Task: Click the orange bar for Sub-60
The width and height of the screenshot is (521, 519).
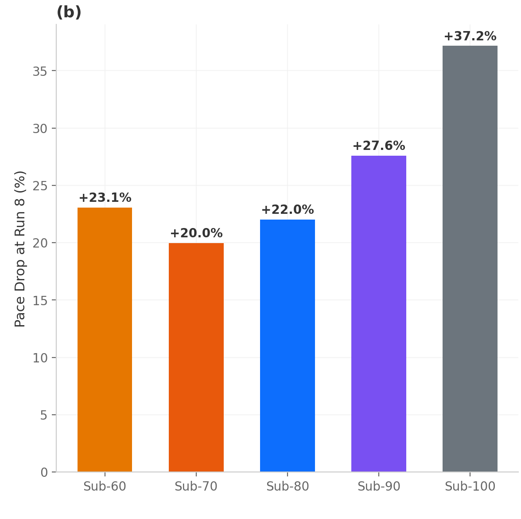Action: pyautogui.click(x=105, y=339)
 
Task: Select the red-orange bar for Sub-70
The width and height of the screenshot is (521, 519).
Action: pyautogui.click(x=196, y=357)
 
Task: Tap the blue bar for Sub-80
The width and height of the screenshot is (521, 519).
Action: pyautogui.click(x=287, y=346)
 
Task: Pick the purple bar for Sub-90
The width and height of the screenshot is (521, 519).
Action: pyautogui.click(x=378, y=314)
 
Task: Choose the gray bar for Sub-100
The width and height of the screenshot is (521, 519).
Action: pyautogui.click(x=470, y=259)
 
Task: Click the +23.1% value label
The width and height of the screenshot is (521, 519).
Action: pyautogui.click(x=105, y=198)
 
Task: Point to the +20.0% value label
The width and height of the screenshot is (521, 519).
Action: pyautogui.click(x=196, y=233)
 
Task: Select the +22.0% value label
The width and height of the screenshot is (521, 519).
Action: pyautogui.click(x=288, y=210)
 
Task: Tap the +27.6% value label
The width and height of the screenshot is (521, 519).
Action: pyautogui.click(x=379, y=146)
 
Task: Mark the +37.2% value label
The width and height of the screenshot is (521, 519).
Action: pyautogui.click(x=470, y=36)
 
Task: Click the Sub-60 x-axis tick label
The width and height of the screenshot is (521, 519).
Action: pyautogui.click(x=105, y=487)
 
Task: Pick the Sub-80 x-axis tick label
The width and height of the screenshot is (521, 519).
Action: pyautogui.click(x=288, y=487)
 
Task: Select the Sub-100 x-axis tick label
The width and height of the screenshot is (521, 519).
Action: pyautogui.click(x=470, y=487)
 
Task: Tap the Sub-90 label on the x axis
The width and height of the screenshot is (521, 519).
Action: pyautogui.click(x=379, y=487)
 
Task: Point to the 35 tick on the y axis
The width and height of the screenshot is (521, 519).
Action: pyautogui.click(x=40, y=71)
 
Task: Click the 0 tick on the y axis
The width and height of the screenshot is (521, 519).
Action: pyautogui.click(x=44, y=473)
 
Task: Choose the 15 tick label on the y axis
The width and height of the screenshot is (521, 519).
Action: pyautogui.click(x=40, y=301)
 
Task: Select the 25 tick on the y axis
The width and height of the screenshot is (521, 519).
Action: pyautogui.click(x=40, y=186)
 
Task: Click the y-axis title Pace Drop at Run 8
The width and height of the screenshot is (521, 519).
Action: pyautogui.click(x=20, y=249)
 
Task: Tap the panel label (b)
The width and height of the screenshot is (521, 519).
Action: pyautogui.click(x=69, y=12)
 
